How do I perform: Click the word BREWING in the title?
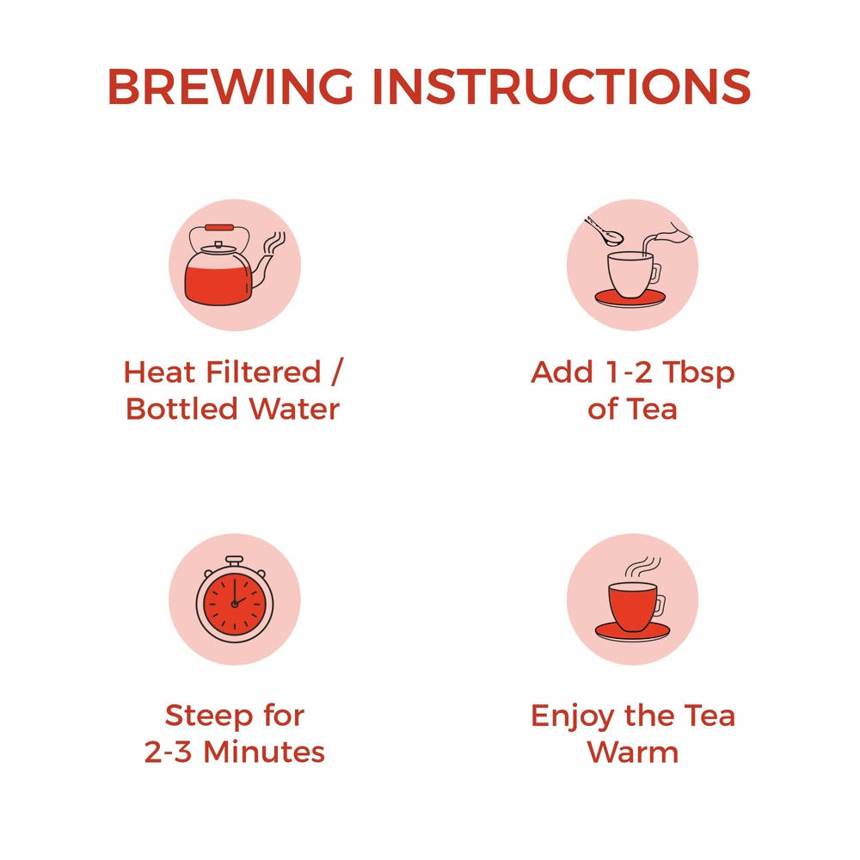pos(230,86)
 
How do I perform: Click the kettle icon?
pos(222,267)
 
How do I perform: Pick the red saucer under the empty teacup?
pos(631,298)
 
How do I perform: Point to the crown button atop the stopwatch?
pos(234,560)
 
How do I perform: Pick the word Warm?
pos(633,752)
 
